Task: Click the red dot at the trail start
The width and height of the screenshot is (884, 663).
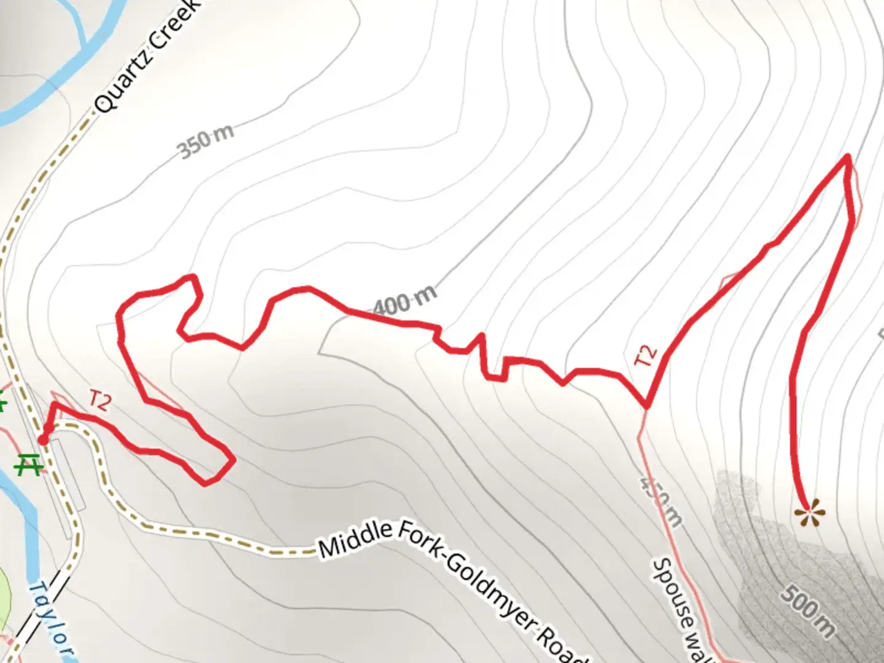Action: tap(43, 439)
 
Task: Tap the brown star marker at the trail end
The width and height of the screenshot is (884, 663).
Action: tap(808, 513)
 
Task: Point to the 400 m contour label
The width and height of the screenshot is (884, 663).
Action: tap(405, 301)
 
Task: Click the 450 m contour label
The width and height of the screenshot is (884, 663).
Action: tap(661, 500)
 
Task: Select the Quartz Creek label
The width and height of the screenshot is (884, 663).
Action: tap(147, 58)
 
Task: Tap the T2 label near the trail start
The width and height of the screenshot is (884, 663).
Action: tap(99, 400)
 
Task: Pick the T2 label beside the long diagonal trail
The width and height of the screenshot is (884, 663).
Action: tap(646, 356)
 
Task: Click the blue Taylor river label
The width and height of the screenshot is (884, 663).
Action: tap(52, 620)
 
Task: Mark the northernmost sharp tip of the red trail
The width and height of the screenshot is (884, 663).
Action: tap(848, 157)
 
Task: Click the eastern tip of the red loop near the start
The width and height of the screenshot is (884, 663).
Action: tap(233, 459)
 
